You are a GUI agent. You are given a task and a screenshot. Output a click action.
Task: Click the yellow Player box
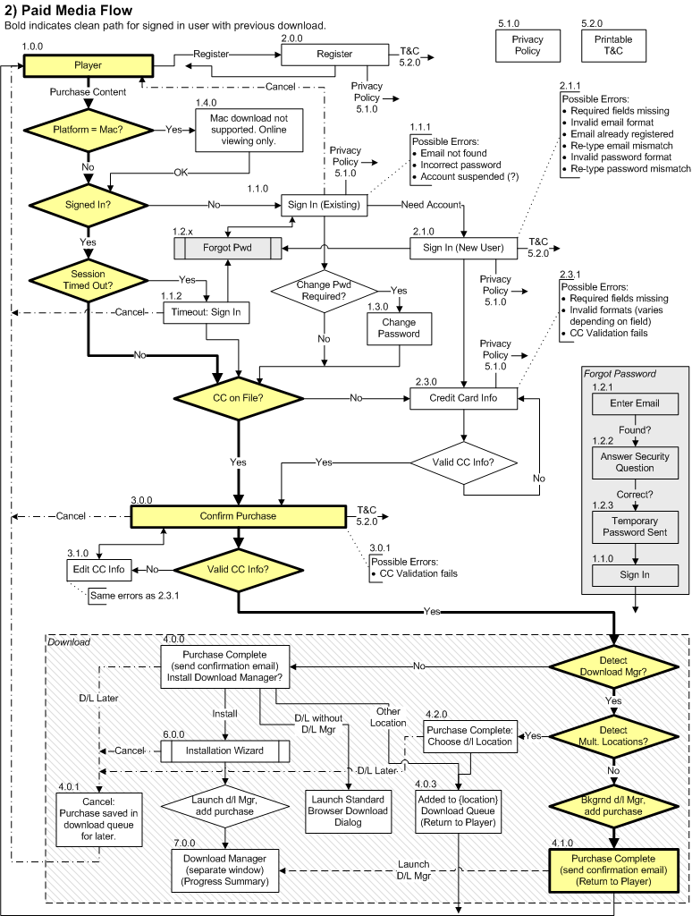89,65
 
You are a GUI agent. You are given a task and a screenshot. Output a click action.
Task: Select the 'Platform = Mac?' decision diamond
89,129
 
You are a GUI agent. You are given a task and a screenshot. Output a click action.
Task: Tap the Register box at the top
334,55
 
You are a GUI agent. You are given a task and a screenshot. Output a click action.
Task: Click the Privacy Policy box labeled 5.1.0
527,46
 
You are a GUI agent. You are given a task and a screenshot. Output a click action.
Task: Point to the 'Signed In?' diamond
89,205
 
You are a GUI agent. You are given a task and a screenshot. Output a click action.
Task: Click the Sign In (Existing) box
324,205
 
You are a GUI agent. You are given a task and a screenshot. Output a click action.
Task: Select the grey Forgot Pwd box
226,246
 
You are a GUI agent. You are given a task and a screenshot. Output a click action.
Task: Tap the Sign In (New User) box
463,247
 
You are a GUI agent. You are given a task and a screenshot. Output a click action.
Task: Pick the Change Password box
399,328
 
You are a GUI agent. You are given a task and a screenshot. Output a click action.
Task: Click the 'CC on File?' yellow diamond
238,397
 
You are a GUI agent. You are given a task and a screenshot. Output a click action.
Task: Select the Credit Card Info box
463,397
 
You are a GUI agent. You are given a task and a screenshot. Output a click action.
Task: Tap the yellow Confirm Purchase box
238,516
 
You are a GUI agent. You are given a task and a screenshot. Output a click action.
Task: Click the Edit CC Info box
97,568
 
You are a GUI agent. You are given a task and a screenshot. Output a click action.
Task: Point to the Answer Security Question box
635,462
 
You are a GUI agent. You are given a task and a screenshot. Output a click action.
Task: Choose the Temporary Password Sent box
635,527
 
